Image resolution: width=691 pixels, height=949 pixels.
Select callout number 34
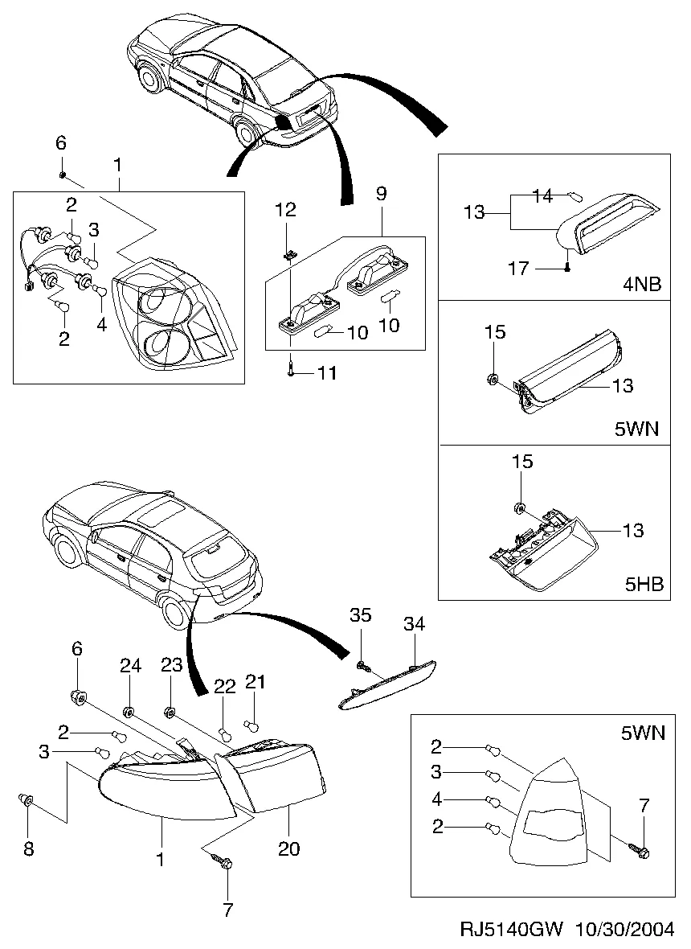coord(415,624)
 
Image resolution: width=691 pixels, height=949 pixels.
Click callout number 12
coord(285,211)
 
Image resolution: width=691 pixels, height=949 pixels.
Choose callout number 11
coord(327,373)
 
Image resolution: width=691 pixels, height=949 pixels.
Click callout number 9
coord(381,193)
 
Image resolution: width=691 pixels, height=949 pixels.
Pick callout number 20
coord(289,849)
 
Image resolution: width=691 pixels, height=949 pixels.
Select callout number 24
coord(130,665)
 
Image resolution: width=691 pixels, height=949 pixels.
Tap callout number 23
coord(173,665)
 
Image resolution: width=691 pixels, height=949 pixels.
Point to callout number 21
coord(255,682)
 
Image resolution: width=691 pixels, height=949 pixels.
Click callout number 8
coord(28,848)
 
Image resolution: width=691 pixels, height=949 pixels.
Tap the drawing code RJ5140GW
coord(511,930)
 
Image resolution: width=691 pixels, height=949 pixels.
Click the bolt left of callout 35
coord(362,665)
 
